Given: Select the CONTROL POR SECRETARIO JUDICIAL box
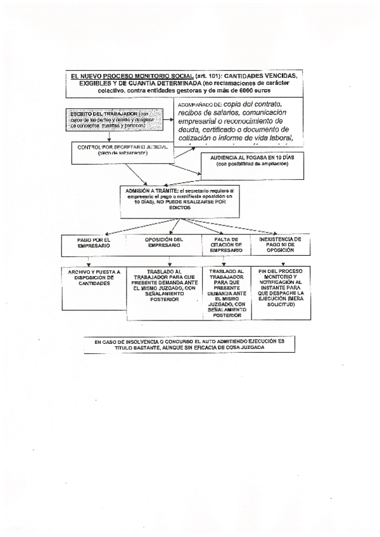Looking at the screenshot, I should click(x=123, y=150).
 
